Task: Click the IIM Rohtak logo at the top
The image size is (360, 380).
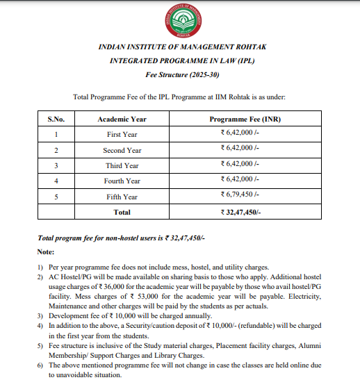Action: coord(180,20)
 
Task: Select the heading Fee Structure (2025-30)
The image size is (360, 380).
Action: coord(180,74)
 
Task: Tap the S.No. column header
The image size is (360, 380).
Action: coord(56,119)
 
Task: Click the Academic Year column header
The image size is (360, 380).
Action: coord(122,119)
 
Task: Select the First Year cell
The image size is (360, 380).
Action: coord(122,134)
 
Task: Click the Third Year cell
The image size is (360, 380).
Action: coord(122,165)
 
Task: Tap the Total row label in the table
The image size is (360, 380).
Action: coord(122,212)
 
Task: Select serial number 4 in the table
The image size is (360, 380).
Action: coord(56,181)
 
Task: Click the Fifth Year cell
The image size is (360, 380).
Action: coord(122,197)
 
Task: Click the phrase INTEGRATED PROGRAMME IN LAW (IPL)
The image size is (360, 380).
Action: coord(180,60)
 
